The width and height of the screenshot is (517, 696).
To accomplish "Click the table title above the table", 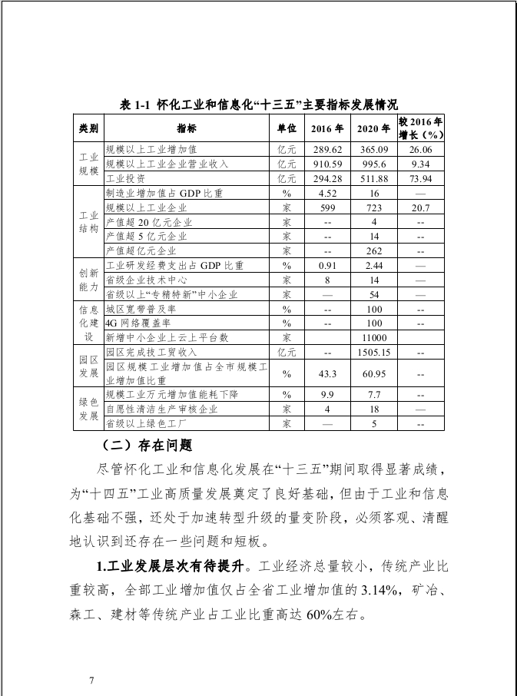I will point(258,105).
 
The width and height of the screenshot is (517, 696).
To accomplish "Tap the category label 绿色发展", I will point(88,409).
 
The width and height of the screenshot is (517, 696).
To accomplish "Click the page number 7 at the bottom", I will point(92,680).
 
